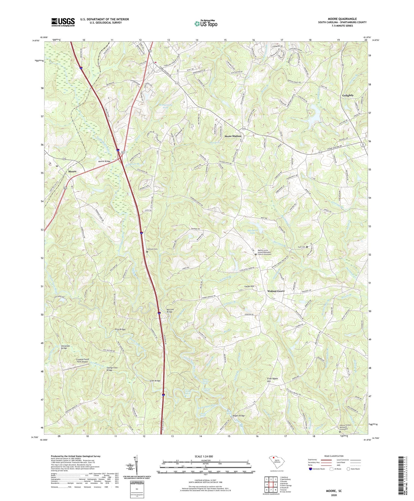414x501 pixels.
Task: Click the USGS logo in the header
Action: tap(63, 22)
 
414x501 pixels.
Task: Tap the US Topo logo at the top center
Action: tap(206, 23)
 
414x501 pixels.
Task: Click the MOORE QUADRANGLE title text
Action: tap(342, 19)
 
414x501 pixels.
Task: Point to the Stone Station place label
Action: tap(233, 136)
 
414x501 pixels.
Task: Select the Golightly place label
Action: tap(347, 95)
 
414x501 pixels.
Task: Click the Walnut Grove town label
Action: tap(275, 291)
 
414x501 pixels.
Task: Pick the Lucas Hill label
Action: tap(249, 286)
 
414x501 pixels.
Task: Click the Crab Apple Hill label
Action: tap(272, 380)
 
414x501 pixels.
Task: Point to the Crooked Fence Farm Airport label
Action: tap(78, 361)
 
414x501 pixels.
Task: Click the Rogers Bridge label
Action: tap(239, 416)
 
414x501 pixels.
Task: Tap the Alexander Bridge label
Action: tap(64, 347)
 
